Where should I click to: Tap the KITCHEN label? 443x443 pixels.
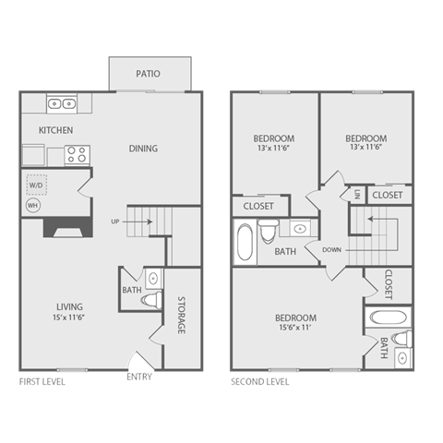click(x=55, y=130)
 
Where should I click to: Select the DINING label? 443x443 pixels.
click(x=143, y=149)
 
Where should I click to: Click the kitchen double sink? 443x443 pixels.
click(x=62, y=104)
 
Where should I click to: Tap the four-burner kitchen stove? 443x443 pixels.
click(x=76, y=155)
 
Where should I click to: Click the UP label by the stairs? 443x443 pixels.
click(x=115, y=221)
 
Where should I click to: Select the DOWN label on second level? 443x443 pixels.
click(x=333, y=249)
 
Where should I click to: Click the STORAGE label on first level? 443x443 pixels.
click(x=181, y=314)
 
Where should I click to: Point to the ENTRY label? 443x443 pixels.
click(x=139, y=376)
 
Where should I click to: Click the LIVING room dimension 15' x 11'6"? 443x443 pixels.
click(x=69, y=318)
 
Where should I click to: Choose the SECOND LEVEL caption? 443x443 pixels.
click(x=260, y=380)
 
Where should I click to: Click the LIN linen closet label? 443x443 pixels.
click(x=356, y=194)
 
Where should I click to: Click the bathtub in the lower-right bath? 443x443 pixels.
click(x=389, y=319)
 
